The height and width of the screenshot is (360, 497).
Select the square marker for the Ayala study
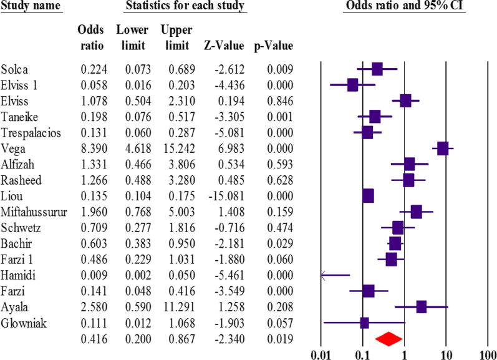point(422,306)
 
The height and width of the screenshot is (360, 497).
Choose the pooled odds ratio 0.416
point(93,339)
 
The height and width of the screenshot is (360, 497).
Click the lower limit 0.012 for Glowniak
point(132,323)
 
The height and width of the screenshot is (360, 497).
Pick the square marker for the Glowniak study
point(364,323)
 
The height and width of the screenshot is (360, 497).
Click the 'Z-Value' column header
point(219,46)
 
